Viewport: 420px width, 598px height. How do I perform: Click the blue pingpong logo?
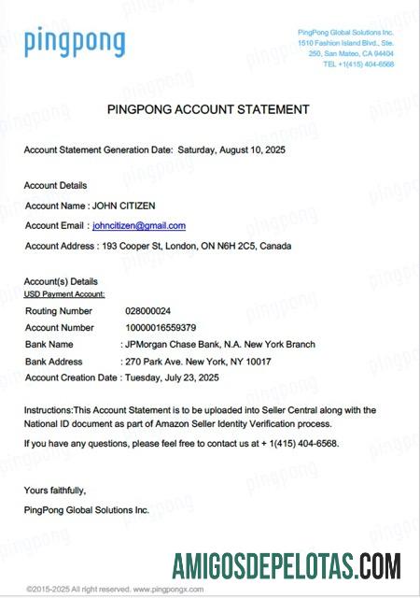pos(74,42)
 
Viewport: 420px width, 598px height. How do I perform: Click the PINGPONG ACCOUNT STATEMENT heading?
pos(208,109)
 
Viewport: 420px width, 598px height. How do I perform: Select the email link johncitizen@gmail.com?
pos(139,225)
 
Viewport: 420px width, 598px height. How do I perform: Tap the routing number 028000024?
pos(148,310)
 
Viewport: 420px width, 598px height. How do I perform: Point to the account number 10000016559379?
pos(161,327)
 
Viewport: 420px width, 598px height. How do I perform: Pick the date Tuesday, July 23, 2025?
pos(171,377)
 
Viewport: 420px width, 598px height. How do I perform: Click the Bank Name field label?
pos(49,344)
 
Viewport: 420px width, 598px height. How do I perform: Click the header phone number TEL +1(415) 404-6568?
pos(358,64)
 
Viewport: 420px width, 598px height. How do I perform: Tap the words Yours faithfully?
pos(55,490)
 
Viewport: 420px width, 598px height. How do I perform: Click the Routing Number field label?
pos(59,310)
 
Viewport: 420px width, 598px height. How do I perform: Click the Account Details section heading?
pos(55,185)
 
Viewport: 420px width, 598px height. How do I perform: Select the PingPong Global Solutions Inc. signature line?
pos(87,509)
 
